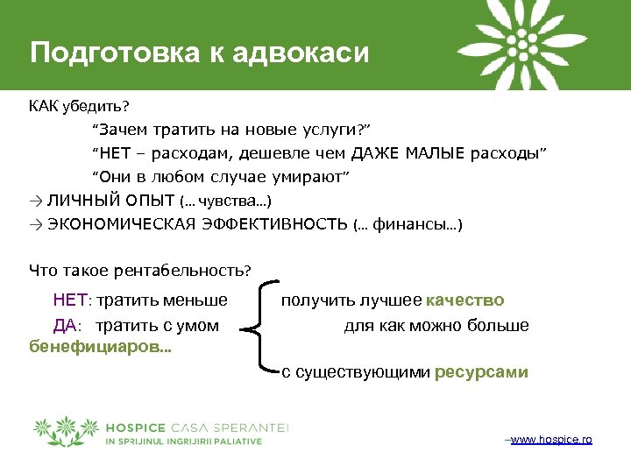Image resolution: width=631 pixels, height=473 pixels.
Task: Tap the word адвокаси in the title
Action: (x=300, y=53)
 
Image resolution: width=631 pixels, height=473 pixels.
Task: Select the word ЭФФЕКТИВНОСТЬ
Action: (x=280, y=224)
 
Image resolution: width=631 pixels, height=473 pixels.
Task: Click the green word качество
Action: (x=464, y=301)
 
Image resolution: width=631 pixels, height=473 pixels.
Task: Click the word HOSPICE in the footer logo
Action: (x=132, y=427)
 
